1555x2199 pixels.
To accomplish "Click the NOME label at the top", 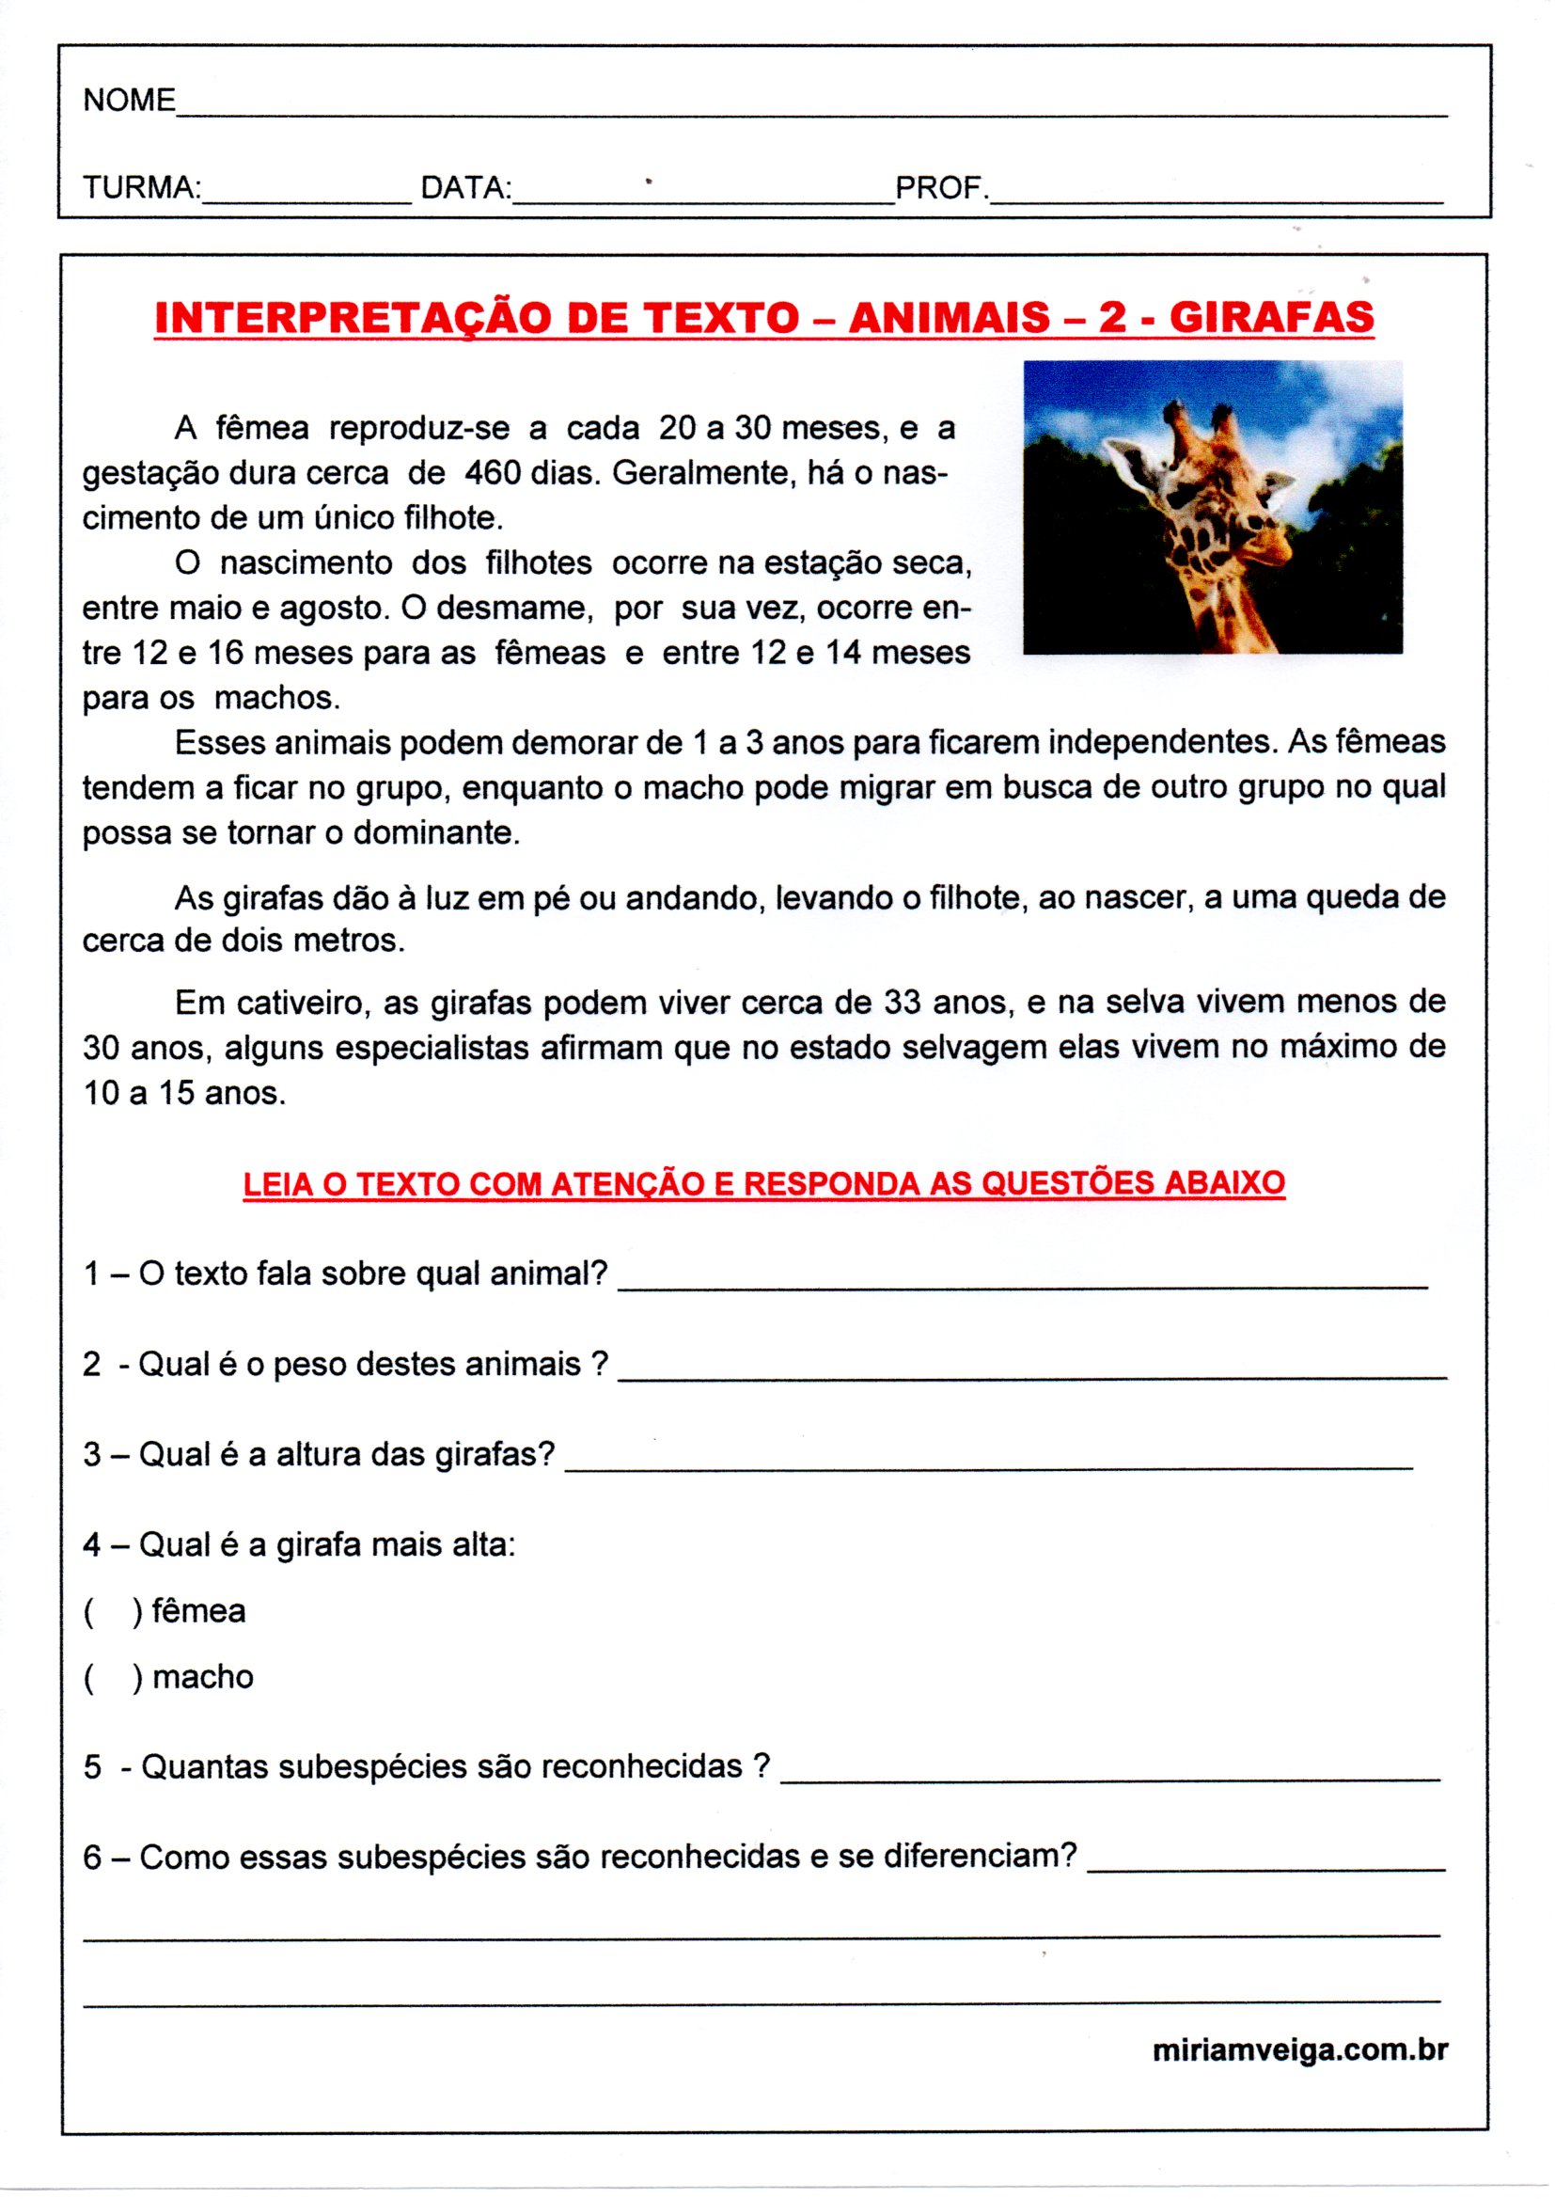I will pyautogui.click(x=129, y=100).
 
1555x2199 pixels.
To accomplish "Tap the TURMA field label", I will pyautogui.click(x=141, y=187).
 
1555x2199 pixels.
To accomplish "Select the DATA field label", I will pyautogui.click(x=465, y=187).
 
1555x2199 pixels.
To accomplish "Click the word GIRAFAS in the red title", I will pyautogui.click(x=1271, y=317).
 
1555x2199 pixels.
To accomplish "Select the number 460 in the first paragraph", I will pyautogui.click(x=495, y=472).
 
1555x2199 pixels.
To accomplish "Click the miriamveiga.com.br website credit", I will pyautogui.click(x=1299, y=2050).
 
